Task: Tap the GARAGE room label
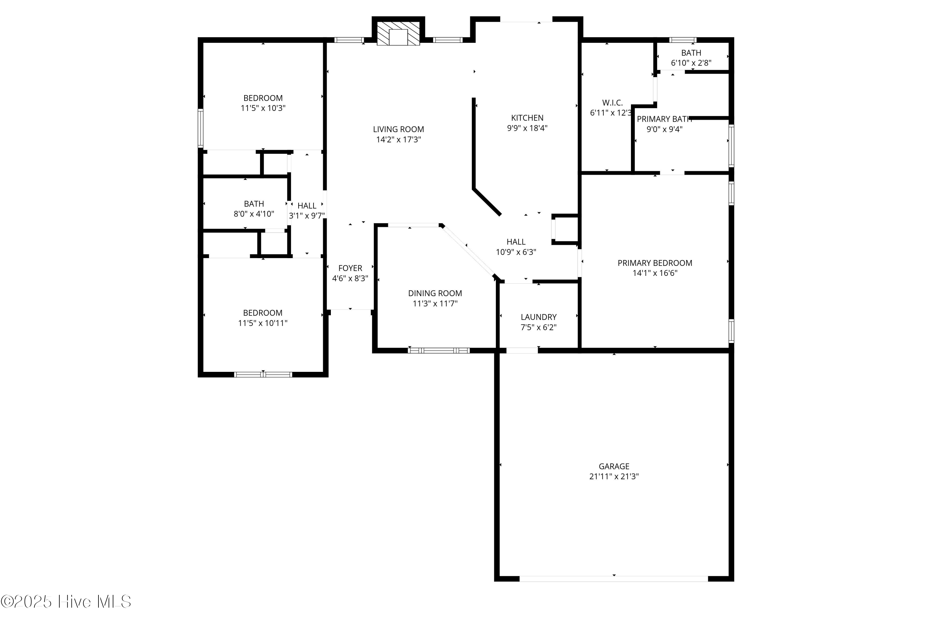point(614,466)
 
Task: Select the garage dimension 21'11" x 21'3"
point(614,477)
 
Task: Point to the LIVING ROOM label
point(398,129)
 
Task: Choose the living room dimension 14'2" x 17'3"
point(398,139)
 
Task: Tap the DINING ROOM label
point(435,293)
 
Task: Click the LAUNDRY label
point(539,317)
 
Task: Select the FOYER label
point(350,268)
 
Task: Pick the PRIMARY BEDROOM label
point(655,263)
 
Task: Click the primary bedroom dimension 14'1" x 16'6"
point(655,273)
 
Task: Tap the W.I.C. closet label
point(612,103)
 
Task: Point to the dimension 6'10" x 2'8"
point(691,63)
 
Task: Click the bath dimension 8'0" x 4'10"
point(254,214)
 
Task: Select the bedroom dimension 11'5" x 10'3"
point(263,108)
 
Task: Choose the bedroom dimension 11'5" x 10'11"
point(263,323)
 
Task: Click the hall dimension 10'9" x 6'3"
point(516,252)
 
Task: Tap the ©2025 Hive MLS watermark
point(66,601)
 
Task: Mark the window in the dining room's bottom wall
point(439,350)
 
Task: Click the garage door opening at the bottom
point(614,579)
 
